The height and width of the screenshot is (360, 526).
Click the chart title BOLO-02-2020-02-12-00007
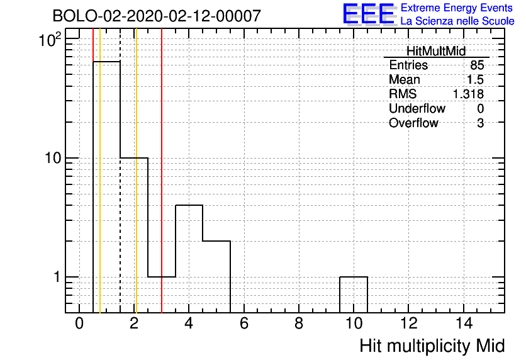click(x=157, y=16)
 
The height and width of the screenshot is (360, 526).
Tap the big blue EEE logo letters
click(x=369, y=14)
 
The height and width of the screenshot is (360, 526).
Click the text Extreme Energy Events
click(x=457, y=8)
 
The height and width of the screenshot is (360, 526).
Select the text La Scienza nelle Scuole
click(x=457, y=21)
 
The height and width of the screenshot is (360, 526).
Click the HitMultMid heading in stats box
click(x=436, y=51)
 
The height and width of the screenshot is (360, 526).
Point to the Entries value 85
click(x=477, y=65)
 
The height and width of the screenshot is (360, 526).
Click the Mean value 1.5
click(x=475, y=79)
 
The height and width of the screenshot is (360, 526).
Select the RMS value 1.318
click(x=468, y=94)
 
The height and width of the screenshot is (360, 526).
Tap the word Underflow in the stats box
click(x=417, y=108)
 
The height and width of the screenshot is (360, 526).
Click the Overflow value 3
click(x=480, y=123)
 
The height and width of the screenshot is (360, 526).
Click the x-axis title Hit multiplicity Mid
click(x=432, y=346)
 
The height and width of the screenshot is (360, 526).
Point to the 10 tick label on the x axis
click(x=354, y=323)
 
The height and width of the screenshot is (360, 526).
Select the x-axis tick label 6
click(x=244, y=323)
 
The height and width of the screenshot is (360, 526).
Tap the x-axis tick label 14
click(x=464, y=323)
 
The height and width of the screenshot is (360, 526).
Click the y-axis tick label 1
click(x=57, y=277)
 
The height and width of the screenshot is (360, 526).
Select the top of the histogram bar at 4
click(x=189, y=205)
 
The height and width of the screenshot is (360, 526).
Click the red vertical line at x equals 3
click(x=162, y=171)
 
